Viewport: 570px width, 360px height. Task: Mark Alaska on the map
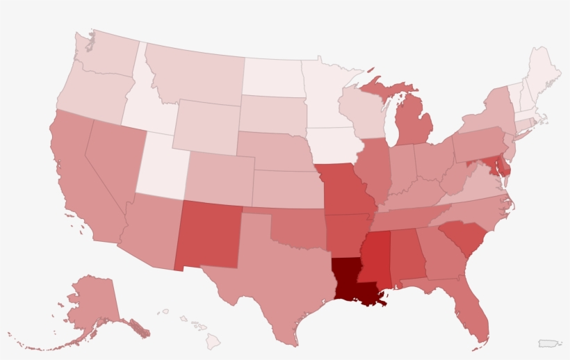tap(90, 306)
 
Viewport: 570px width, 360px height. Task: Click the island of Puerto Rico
tap(549, 343)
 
